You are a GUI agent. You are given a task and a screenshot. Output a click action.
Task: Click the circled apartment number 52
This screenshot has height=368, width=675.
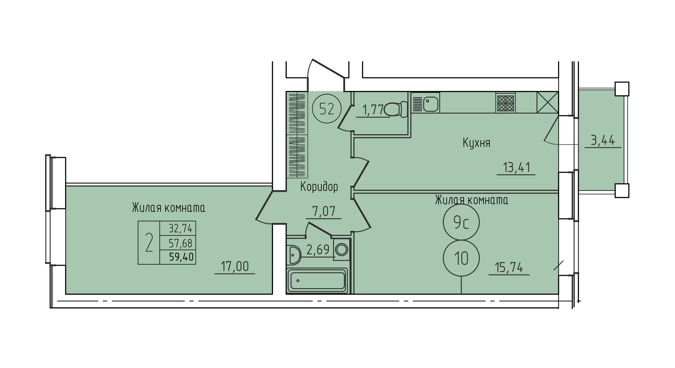click(327, 109)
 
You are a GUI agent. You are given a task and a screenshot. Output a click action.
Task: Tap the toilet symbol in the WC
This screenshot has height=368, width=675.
click(396, 109)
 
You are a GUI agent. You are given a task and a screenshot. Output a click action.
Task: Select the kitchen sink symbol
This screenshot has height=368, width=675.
click(426, 103)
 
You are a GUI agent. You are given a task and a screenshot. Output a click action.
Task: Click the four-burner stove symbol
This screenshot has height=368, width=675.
click(505, 103)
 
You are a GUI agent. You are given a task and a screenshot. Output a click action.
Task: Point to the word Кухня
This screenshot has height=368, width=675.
click(476, 143)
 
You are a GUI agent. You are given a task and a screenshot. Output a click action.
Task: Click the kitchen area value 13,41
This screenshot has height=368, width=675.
click(516, 167)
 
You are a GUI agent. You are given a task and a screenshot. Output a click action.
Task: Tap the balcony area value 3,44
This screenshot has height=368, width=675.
click(603, 140)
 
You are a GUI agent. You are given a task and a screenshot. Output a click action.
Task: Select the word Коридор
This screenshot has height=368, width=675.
click(319, 187)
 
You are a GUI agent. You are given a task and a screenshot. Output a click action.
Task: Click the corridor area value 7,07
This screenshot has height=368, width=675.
click(324, 211)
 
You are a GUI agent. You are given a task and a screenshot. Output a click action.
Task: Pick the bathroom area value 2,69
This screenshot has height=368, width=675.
click(318, 250)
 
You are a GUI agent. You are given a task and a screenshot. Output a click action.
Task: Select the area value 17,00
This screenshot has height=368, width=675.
click(235, 267)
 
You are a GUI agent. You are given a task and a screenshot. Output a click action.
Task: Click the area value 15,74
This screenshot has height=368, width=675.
click(509, 267)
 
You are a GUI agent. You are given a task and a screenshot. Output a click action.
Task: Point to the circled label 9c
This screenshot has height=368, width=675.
click(461, 222)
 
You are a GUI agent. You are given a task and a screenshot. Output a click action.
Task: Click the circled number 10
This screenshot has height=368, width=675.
click(461, 258)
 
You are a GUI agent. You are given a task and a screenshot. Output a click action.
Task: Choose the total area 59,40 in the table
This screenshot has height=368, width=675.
click(181, 257)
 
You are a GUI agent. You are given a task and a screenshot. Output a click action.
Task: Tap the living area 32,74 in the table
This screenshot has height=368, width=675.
click(181, 228)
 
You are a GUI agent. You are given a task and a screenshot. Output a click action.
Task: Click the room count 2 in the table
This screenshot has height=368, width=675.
click(149, 242)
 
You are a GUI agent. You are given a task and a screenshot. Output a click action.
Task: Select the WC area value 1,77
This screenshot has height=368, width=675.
click(373, 110)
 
